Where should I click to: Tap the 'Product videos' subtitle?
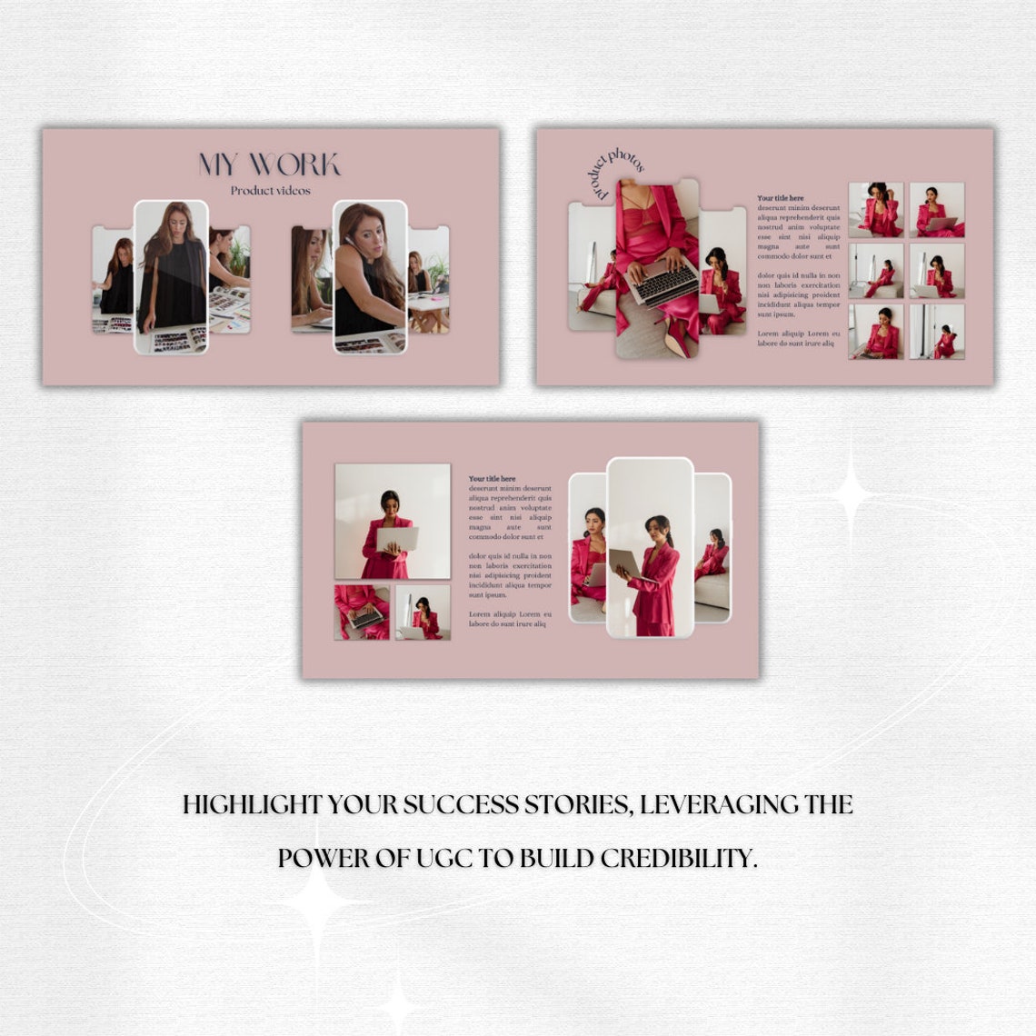pos(270,191)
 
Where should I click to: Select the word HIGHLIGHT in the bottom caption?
pos(252,805)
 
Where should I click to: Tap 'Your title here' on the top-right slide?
pos(780,197)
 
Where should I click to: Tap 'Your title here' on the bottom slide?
pos(492,478)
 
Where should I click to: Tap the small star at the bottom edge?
pos(397,1005)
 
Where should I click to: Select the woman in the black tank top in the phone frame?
pos(368,282)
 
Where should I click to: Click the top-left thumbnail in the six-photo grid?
pos(875,210)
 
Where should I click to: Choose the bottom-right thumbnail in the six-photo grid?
pos(937,332)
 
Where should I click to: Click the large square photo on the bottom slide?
pos(392,521)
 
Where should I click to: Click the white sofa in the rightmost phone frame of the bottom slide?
pos(713,591)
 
